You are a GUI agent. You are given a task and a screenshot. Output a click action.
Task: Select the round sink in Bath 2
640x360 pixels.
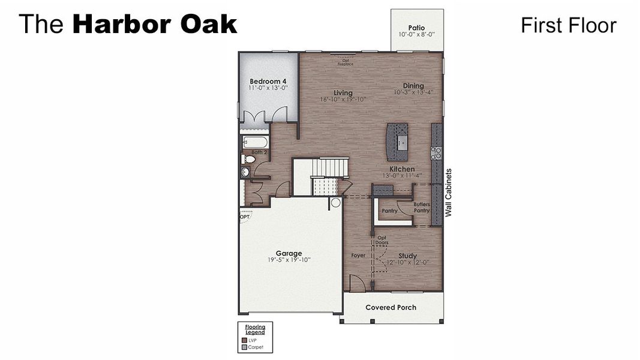click(245, 172)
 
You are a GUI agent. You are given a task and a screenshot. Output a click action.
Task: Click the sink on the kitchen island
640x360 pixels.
click(401, 142)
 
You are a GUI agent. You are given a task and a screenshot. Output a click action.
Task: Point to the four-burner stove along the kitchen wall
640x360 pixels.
click(437, 153)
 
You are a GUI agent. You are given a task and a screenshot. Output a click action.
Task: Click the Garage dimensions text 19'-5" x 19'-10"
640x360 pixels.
click(289, 260)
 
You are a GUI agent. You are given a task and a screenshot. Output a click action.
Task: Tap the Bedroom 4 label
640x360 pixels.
click(268, 81)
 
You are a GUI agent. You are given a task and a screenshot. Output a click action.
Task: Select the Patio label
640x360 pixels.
click(416, 28)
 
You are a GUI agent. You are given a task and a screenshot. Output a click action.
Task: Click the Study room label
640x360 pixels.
click(407, 256)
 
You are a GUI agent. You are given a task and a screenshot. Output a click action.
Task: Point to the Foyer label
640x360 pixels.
click(358, 256)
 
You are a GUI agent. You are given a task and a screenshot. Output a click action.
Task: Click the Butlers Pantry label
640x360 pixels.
click(422, 208)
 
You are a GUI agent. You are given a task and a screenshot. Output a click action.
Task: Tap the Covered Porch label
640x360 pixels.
click(390, 308)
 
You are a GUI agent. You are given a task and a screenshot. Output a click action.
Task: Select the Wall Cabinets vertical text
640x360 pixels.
click(448, 192)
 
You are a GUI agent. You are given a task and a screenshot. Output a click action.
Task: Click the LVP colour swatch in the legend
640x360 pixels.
click(244, 340)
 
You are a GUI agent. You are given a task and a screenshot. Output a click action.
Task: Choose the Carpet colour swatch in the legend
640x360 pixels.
click(244, 347)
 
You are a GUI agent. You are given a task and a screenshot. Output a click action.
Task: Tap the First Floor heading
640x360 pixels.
click(568, 25)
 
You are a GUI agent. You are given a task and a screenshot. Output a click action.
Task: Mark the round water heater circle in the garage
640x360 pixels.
click(335, 203)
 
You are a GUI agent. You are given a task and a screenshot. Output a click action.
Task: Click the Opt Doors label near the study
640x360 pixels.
click(381, 240)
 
